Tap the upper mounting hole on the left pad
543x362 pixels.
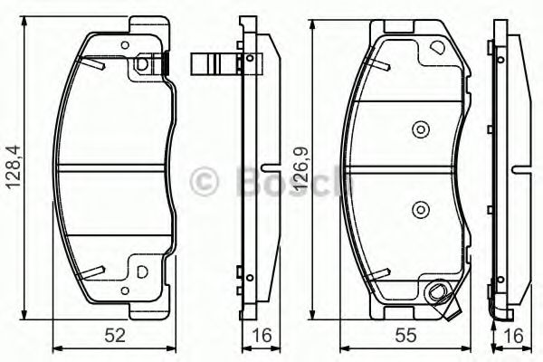pos(140,65)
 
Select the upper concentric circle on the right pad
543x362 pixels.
pos(419,129)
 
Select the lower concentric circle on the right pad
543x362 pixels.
pos(419,211)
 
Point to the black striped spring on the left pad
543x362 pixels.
pos(167,62)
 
